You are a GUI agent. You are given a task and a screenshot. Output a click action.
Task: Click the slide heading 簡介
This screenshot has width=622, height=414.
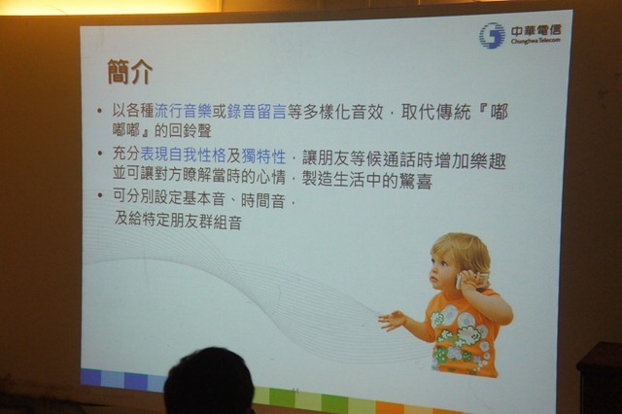point(129,72)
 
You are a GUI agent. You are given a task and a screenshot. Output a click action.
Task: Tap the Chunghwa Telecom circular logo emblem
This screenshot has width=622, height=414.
point(492,35)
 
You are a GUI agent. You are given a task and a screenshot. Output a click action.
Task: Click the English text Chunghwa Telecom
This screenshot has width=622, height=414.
point(536,41)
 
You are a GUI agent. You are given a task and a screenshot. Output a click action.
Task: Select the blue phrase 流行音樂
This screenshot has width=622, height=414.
point(183,112)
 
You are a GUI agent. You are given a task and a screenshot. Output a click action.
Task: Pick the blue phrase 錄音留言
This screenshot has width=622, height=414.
point(257,112)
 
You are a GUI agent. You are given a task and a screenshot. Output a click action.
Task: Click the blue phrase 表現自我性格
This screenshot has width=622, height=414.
point(183,155)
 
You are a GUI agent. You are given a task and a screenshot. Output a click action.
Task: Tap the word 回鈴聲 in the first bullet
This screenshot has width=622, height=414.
point(190,130)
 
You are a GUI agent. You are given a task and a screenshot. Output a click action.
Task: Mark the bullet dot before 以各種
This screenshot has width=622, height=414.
point(99,111)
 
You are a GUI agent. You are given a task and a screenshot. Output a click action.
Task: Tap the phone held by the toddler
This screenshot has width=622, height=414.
point(472,280)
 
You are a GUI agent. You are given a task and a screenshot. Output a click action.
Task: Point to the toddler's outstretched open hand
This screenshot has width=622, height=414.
point(393,320)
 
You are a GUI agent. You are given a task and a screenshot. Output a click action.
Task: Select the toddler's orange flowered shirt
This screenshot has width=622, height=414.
point(465,333)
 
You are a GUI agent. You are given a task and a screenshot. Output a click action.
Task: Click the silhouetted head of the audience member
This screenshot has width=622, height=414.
point(209,381)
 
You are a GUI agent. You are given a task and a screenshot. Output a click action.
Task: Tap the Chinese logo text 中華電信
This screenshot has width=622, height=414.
point(536,30)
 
